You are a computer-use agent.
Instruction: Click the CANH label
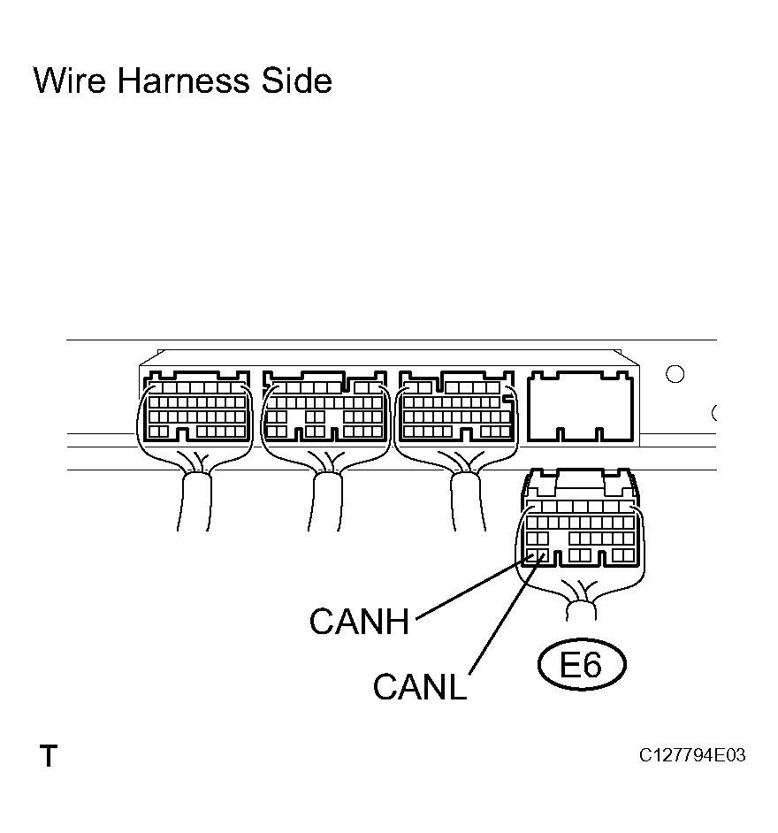click(x=360, y=621)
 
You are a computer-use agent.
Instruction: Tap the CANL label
click(x=420, y=686)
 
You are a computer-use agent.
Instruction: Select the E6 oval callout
click(x=582, y=665)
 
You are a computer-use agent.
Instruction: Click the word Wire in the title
click(x=70, y=80)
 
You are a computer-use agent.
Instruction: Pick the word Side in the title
click(x=296, y=80)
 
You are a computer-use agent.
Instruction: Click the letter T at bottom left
click(x=49, y=755)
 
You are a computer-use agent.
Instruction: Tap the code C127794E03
click(x=692, y=755)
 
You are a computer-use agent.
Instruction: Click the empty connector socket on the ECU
click(x=581, y=407)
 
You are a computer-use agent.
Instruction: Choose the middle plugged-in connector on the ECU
click(x=325, y=407)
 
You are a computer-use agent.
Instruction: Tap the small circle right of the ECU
click(x=675, y=374)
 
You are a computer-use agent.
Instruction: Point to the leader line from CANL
click(x=507, y=614)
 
